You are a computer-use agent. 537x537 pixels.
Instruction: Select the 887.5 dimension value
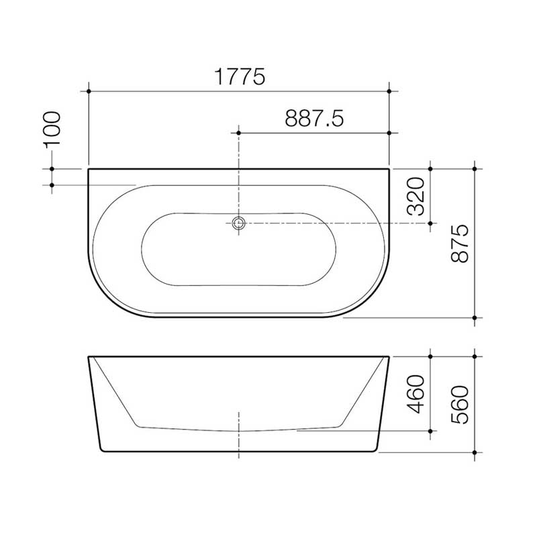[314, 119]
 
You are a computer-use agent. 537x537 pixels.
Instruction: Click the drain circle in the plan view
[238, 224]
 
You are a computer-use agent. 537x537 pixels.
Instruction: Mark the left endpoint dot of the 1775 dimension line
[89, 91]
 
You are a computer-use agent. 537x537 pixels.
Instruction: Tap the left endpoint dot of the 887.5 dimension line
[238, 133]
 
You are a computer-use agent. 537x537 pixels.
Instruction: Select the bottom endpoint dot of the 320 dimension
[430, 224]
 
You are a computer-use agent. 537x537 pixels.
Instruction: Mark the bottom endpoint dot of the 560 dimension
[475, 452]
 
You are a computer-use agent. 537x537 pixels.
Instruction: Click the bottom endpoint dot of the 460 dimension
[430, 431]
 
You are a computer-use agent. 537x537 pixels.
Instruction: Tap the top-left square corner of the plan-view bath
[89, 169]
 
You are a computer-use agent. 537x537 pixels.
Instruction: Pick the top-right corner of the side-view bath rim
[390, 356]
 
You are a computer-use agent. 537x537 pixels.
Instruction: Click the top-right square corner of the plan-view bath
[390, 169]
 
